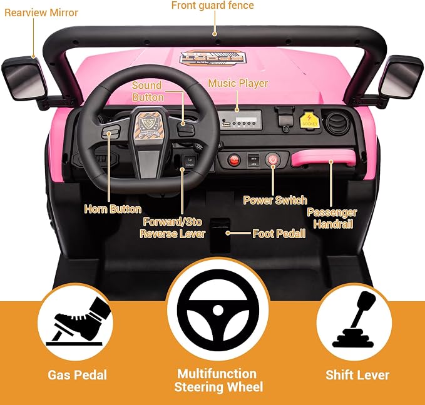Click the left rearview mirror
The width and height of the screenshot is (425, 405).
coord(24,79)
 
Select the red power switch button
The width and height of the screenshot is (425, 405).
coord(273,160)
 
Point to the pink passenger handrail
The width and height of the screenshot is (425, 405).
coord(323,158)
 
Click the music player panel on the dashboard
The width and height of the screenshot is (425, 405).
coord(240,120)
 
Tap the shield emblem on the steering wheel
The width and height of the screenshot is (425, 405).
coord(147,126)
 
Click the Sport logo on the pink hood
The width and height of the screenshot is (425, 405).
coord(213,58)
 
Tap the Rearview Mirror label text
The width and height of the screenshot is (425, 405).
coord(41,12)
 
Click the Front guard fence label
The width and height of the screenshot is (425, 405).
coord(213,6)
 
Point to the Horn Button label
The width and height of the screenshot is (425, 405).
coord(113,209)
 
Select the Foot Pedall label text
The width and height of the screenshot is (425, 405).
coord(279,234)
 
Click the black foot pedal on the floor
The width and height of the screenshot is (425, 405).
coord(220,235)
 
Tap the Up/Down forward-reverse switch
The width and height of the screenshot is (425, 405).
coord(190,162)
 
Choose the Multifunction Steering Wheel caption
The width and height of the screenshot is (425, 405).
coord(218,381)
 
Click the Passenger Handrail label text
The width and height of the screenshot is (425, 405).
coord(332,218)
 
